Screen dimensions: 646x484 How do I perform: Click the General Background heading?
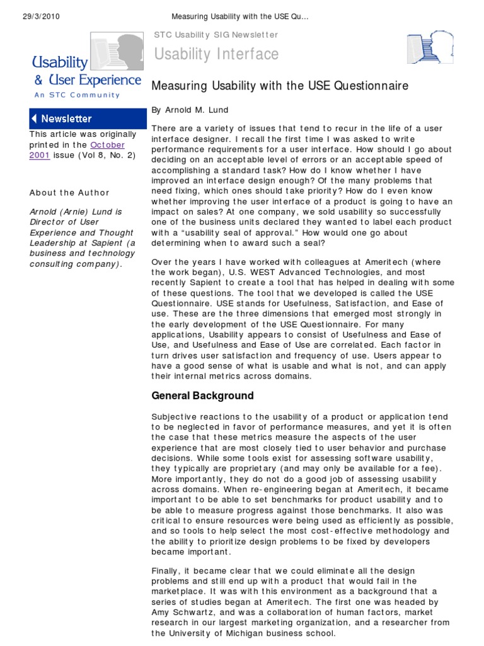click(202, 396)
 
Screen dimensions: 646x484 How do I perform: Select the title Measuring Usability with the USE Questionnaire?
click(280, 85)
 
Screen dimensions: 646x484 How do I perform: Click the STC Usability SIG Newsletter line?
click(216, 35)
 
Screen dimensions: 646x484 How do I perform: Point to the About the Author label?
click(69, 192)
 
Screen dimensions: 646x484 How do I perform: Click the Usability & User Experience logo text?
click(86, 71)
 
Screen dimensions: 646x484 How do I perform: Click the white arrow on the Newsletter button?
click(35, 119)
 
